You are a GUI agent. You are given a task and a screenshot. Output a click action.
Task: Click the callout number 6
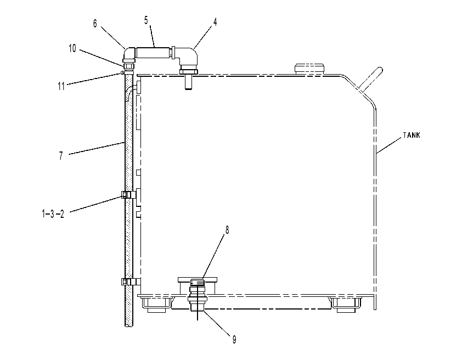pyautogui.click(x=95, y=24)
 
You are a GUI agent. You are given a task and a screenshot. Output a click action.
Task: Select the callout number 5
pyautogui.click(x=146, y=20)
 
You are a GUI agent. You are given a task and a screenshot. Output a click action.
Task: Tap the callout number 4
pyautogui.click(x=215, y=22)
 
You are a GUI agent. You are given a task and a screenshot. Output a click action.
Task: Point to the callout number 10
pyautogui.click(x=72, y=48)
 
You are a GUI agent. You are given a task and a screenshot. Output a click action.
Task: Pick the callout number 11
pyautogui.click(x=61, y=86)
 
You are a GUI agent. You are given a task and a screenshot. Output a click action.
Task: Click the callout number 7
pyautogui.click(x=61, y=155)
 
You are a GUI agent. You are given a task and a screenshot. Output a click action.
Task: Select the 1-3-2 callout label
pyautogui.click(x=53, y=214)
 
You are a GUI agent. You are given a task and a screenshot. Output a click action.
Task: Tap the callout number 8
pyautogui.click(x=227, y=230)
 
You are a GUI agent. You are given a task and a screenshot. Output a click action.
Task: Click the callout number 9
pyautogui.click(x=234, y=340)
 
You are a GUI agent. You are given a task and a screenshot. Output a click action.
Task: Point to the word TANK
pyautogui.click(x=412, y=135)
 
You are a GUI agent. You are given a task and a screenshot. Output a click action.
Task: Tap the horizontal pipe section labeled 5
pyautogui.click(x=154, y=53)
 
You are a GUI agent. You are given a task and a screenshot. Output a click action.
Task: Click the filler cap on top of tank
pyautogui.click(x=309, y=69)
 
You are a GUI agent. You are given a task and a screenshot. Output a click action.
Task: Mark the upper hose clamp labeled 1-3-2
pyautogui.click(x=129, y=194)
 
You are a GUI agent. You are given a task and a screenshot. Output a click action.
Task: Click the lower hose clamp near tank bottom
pyautogui.click(x=129, y=282)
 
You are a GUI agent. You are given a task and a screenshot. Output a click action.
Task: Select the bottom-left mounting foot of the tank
pyautogui.click(x=156, y=305)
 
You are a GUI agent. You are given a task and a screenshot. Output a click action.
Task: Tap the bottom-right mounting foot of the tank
pyautogui.click(x=346, y=305)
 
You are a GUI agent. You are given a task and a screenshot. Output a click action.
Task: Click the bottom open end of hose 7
pyautogui.click(x=129, y=325)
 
